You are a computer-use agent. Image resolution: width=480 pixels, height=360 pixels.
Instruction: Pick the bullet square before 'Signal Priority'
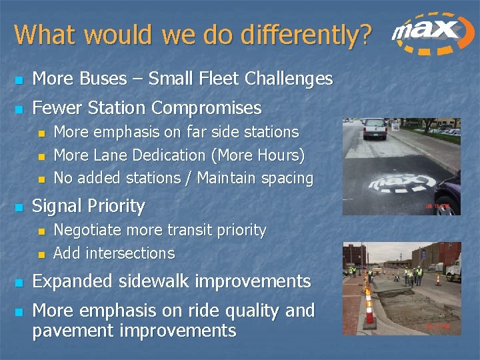click(x=19, y=207)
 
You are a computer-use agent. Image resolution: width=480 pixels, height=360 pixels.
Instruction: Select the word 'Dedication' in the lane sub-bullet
click(x=169, y=155)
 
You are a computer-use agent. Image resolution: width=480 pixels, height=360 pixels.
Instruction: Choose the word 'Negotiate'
click(x=89, y=231)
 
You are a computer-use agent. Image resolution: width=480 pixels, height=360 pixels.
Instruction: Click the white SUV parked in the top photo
click(x=375, y=127)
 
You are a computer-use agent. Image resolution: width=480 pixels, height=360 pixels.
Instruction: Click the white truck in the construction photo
click(x=453, y=267)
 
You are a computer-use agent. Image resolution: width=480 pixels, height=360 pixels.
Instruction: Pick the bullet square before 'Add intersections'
click(x=40, y=254)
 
